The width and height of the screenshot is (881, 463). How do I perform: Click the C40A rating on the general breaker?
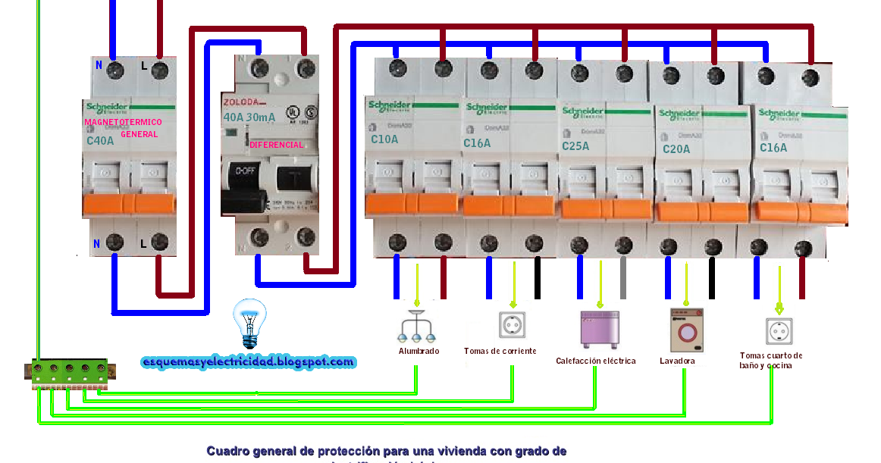point(101,141)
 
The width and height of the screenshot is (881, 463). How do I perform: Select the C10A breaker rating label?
point(384,139)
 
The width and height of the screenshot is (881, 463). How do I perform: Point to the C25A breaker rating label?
point(575,145)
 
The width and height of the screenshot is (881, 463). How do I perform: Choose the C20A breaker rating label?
point(676,149)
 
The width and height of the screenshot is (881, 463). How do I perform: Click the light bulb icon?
point(249,322)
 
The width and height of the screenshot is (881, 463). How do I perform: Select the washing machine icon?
point(686,330)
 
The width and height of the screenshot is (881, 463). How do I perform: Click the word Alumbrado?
point(419,351)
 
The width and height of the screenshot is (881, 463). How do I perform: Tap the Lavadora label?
point(677,361)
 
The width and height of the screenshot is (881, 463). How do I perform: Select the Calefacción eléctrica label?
point(595,361)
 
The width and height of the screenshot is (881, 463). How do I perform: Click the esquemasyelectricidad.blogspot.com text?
point(248,362)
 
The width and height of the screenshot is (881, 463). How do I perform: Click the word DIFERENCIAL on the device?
point(276,145)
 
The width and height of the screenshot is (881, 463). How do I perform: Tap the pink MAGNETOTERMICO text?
point(123,121)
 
